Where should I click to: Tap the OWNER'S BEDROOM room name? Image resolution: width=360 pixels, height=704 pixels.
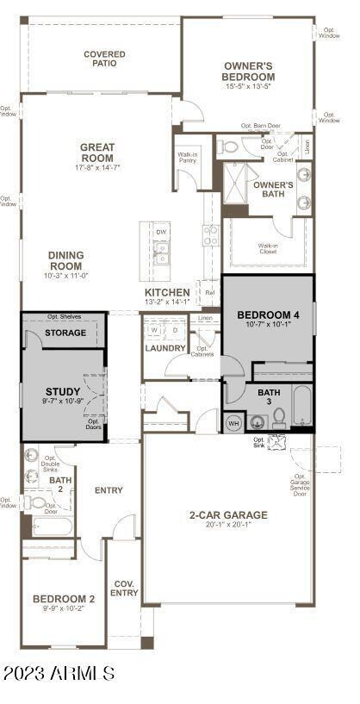248,71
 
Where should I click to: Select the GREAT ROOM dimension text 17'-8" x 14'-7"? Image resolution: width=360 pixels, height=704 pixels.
97,167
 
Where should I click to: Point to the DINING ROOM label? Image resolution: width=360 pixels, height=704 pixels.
65,260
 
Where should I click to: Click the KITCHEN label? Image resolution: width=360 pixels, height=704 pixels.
167,293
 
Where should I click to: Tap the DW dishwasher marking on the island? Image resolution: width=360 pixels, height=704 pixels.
161,233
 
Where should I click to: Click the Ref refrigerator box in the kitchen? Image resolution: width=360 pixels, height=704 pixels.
208,293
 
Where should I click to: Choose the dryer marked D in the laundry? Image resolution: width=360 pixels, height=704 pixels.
175,330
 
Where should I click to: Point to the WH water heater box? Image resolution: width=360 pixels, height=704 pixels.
233,422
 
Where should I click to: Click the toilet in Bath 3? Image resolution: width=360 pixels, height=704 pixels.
278,419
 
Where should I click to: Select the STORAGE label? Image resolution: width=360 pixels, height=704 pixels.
65,333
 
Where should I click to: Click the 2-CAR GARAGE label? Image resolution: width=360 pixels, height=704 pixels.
228,515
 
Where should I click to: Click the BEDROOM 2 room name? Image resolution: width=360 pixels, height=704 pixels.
63,599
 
